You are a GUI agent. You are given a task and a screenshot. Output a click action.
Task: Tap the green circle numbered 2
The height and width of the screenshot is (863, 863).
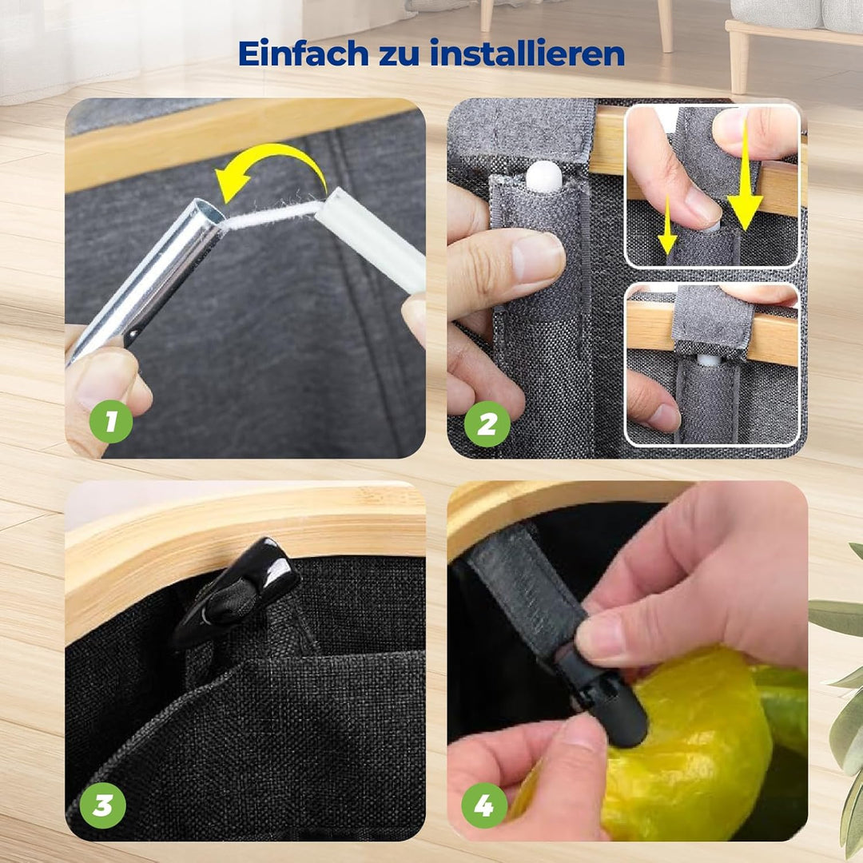click(x=487, y=424)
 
